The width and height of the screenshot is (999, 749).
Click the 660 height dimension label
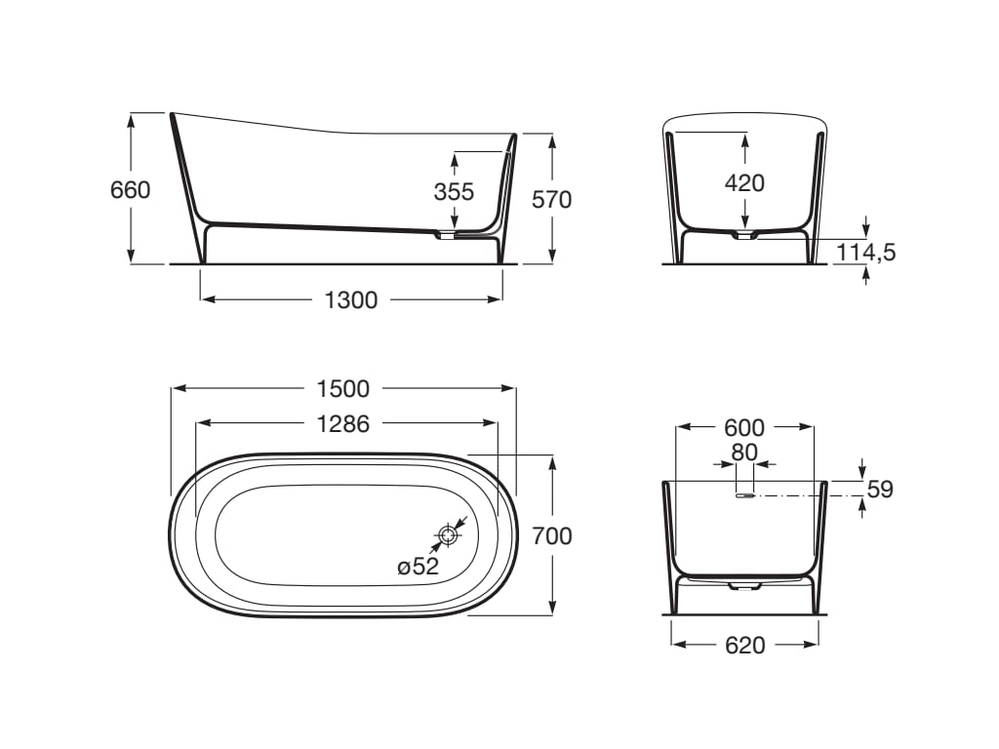pos(130,190)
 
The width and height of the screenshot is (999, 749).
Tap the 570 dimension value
pos(552,200)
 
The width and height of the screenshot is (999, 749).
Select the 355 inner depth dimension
pos(454,192)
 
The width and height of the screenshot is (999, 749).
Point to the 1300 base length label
pos(351,300)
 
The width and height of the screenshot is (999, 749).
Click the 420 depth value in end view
pos(744,183)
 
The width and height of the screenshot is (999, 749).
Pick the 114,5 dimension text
pos(865,253)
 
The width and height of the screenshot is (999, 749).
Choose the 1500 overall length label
pos(342,388)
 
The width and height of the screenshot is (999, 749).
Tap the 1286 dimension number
pos(342,423)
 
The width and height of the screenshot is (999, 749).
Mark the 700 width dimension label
pos(552,536)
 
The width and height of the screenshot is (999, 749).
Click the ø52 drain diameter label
pos(418,567)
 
